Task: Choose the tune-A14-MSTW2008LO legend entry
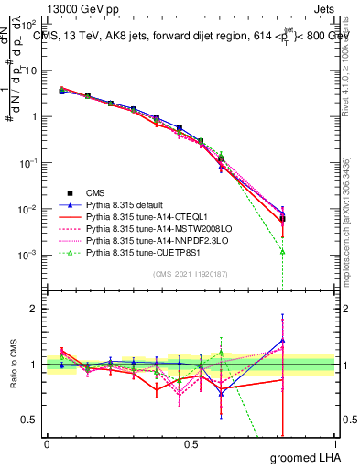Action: (147, 229)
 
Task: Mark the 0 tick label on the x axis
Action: (47, 442)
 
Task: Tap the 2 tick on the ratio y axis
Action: (35, 310)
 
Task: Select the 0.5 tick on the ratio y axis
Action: (31, 420)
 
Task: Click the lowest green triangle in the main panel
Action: (283, 251)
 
